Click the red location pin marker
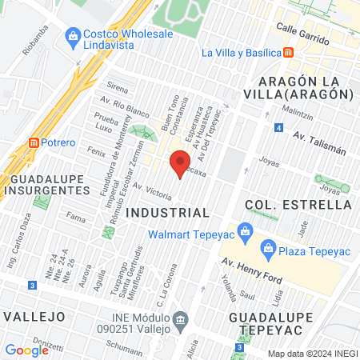(180, 162)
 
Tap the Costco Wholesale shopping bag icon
(74, 35)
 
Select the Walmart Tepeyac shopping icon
(246, 234)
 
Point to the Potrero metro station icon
(34, 142)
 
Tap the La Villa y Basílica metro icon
(288, 53)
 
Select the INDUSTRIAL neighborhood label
(168, 213)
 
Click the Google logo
(26, 350)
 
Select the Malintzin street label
(297, 112)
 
